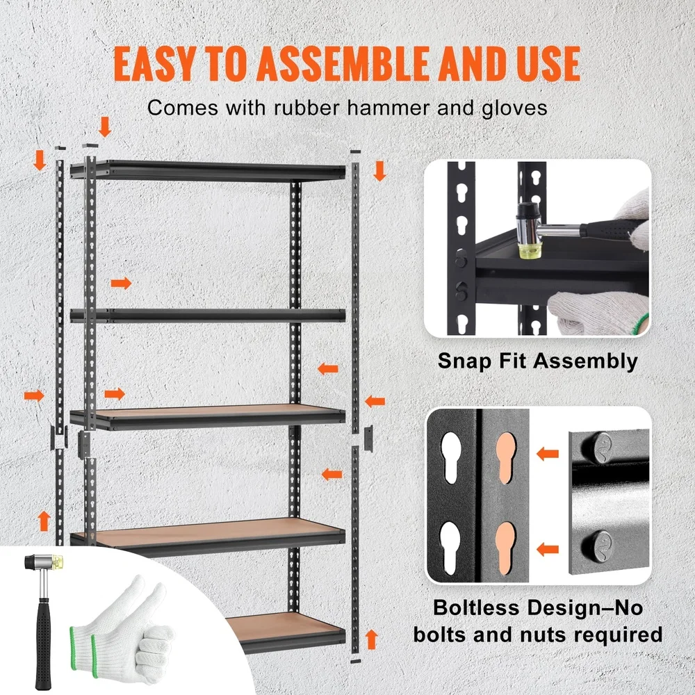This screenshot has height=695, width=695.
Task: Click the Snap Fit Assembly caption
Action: [x=537, y=361]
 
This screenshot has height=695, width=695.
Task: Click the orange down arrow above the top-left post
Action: [x=105, y=126]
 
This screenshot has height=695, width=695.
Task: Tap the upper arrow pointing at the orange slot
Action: [x=548, y=454]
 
